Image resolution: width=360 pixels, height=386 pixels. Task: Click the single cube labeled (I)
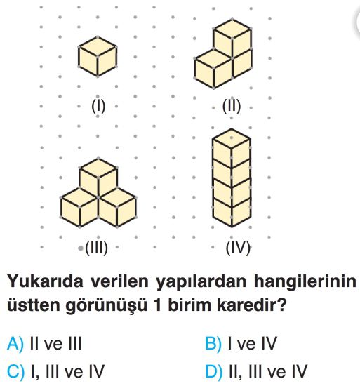[x=98, y=57]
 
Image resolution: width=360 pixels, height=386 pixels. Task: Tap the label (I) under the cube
[x=98, y=107]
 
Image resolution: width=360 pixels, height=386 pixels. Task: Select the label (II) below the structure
[x=232, y=107]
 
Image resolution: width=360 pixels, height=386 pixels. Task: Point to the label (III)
[x=96, y=248]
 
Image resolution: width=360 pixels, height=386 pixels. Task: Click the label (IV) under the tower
[x=238, y=248]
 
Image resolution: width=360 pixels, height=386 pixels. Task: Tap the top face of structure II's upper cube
[x=232, y=28]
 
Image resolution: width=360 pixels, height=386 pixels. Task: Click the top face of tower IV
[x=232, y=138]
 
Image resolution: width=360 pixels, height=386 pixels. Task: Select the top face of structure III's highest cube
[x=98, y=168]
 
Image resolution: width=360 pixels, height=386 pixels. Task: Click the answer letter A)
[x=15, y=343]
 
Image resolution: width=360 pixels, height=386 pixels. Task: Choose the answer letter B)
[x=213, y=343]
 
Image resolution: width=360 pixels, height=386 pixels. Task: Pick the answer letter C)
[x=15, y=371]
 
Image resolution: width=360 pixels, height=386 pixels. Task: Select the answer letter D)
[x=214, y=371]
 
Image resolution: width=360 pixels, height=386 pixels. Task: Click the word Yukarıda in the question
[x=46, y=281]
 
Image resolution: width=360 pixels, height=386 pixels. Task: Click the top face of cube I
[x=98, y=46]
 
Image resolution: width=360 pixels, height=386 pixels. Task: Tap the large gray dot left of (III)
[x=80, y=248]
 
